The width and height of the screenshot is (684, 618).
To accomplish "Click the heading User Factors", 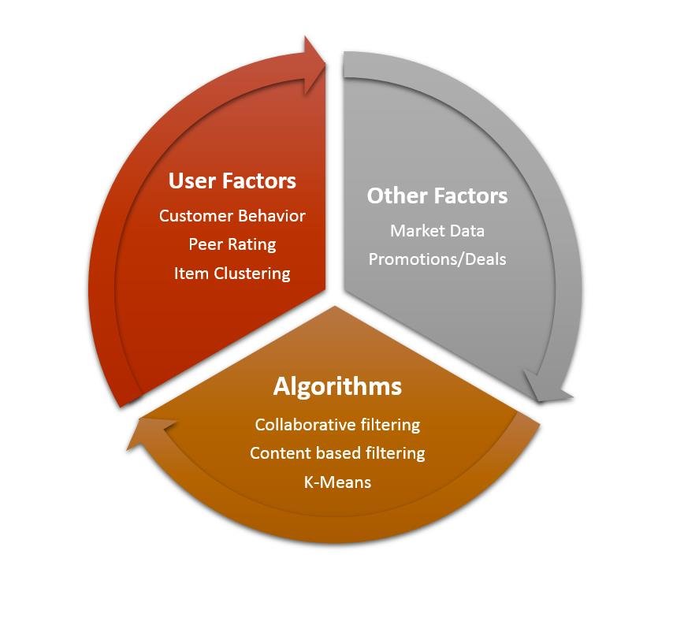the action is pyautogui.click(x=232, y=181).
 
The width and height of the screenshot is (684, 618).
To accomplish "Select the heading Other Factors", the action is pyautogui.click(x=437, y=195).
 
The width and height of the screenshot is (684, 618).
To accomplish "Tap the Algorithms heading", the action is pyautogui.click(x=337, y=387).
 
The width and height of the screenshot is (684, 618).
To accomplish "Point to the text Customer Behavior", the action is pyautogui.click(x=232, y=216).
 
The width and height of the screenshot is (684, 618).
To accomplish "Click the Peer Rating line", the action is pyautogui.click(x=232, y=244).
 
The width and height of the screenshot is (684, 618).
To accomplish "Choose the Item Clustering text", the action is pyautogui.click(x=232, y=274).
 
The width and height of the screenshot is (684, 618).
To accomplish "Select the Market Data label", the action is pyautogui.click(x=437, y=231).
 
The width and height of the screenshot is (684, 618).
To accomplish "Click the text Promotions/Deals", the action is pyautogui.click(x=437, y=259).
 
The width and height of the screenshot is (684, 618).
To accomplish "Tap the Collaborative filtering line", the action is pyautogui.click(x=337, y=425).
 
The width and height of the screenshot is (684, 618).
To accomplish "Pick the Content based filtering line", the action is pyautogui.click(x=337, y=453).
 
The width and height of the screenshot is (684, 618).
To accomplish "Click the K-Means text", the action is pyautogui.click(x=337, y=482).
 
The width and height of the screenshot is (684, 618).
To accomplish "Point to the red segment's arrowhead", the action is pyautogui.click(x=315, y=65).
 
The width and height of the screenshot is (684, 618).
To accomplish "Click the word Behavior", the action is pyautogui.click(x=272, y=216).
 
